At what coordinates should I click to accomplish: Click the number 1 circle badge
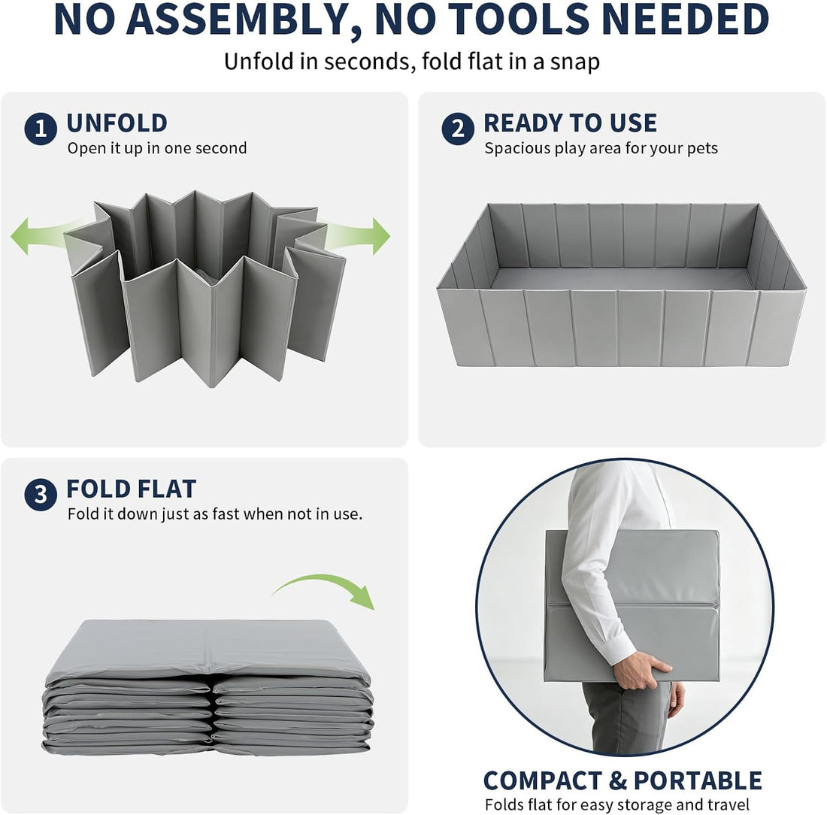(41, 129)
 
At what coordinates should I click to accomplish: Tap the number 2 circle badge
(458, 129)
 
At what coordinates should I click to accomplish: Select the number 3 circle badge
(41, 495)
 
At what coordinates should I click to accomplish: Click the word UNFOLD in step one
(117, 123)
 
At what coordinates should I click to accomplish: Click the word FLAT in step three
(165, 489)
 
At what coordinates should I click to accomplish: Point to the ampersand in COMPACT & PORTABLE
(618, 780)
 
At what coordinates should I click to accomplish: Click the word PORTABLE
(698, 780)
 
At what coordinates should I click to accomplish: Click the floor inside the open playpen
(621, 278)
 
